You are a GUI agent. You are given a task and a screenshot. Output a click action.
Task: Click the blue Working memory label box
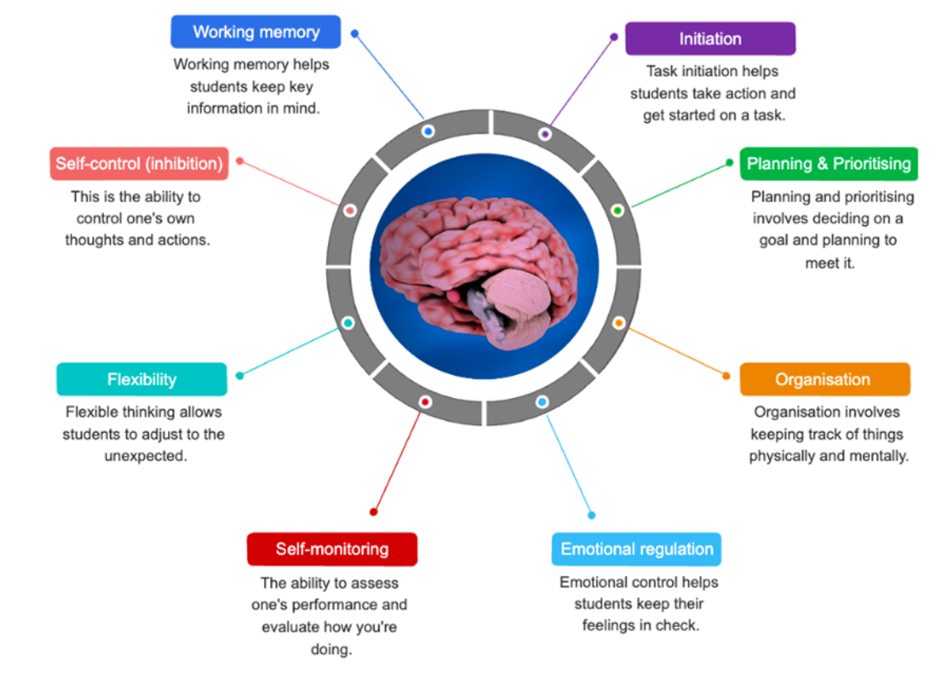255,32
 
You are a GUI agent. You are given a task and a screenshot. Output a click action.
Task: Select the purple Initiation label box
710,39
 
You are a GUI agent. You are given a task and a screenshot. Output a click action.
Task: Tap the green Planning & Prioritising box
829,163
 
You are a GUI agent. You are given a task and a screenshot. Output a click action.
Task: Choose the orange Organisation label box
825,379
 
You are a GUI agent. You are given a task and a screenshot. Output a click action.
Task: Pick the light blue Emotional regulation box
636,549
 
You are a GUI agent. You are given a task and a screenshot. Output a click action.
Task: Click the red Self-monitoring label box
332,549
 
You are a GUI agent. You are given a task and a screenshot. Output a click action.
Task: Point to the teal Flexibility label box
142,379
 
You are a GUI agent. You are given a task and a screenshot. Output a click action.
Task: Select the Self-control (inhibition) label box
139,163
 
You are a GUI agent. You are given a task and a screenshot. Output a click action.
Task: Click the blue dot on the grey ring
428,132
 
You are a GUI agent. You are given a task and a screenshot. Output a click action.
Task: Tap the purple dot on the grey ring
544,135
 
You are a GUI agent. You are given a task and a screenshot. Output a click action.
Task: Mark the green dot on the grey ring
617,210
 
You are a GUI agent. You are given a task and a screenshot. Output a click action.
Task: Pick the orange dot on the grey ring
619,323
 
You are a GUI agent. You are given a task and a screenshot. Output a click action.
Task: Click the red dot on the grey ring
425,402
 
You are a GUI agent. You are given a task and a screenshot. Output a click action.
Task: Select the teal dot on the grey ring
348,323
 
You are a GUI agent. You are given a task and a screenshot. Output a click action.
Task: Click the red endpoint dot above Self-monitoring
373,512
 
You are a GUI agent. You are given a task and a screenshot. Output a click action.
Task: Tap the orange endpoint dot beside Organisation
727,376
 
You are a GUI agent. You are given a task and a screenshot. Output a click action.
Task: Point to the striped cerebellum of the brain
519,308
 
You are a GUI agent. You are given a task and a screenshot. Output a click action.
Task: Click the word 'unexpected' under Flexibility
146,456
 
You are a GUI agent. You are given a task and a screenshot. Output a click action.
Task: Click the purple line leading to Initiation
582,81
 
